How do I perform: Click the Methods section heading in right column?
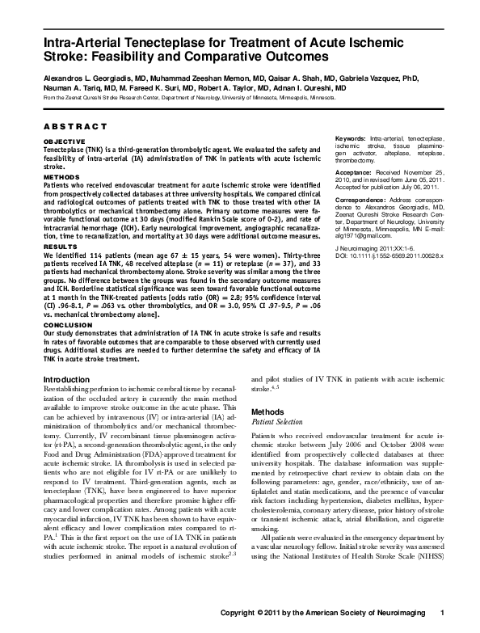pos(267,411)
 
